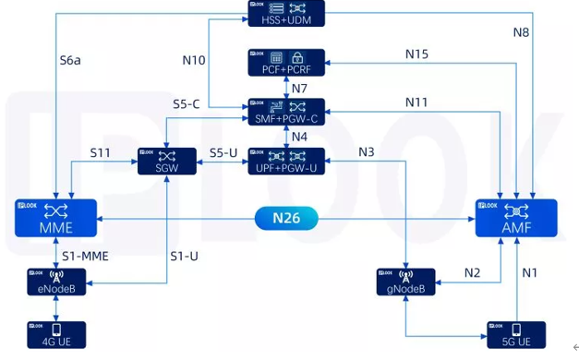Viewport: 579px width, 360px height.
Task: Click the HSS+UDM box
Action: click(286, 13)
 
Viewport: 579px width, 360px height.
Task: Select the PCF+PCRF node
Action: click(286, 62)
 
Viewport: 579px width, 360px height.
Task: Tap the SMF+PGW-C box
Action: click(286, 112)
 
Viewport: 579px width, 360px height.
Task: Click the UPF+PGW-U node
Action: click(286, 161)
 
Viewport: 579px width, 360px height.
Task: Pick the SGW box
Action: click(167, 161)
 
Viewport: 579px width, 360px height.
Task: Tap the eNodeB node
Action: click(56, 282)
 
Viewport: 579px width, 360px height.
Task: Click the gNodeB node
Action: click(406, 282)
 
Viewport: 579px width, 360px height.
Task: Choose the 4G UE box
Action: click(56, 334)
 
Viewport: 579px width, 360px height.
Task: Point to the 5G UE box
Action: click(516, 334)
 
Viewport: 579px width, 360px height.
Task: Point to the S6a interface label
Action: click(71, 60)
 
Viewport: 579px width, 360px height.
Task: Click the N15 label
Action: click(416, 54)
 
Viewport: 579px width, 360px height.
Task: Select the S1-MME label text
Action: click(85, 256)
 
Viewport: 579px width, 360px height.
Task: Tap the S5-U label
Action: click(224, 152)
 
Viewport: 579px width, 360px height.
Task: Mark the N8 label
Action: click(522, 32)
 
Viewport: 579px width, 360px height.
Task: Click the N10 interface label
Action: click(193, 60)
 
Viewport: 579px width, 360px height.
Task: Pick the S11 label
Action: click(101, 151)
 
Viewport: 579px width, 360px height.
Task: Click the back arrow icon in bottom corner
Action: click(563, 347)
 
